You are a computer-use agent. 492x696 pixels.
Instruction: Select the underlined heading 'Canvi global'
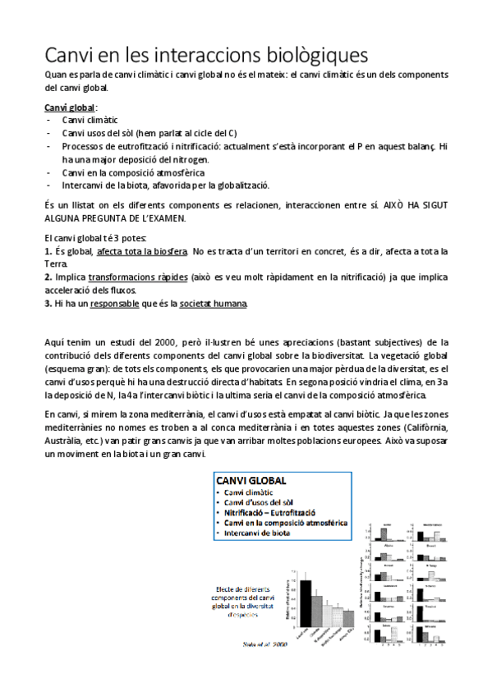(x=70, y=108)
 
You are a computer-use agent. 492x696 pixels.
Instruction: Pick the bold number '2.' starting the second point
(x=49, y=277)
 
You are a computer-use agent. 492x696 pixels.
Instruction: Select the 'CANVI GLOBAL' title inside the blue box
(x=251, y=480)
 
